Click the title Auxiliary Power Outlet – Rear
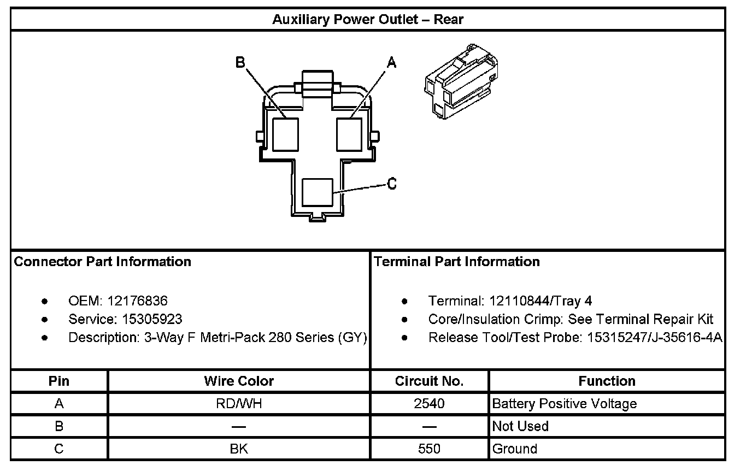click(x=368, y=20)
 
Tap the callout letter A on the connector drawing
click(x=391, y=63)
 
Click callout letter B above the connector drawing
click(x=240, y=62)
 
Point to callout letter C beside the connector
click(x=392, y=184)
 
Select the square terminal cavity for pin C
click(x=318, y=192)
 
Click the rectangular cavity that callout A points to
click(x=349, y=134)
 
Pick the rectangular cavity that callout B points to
click(x=286, y=134)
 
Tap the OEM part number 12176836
click(x=137, y=301)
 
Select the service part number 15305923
click(x=145, y=319)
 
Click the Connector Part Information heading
click(x=103, y=262)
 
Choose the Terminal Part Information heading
click(x=457, y=262)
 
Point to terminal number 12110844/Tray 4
click(x=540, y=301)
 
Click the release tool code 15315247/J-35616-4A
click(x=655, y=338)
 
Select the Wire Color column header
click(x=239, y=381)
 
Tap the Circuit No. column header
click(x=429, y=381)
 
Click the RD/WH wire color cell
click(x=239, y=404)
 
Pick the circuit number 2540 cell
click(x=429, y=404)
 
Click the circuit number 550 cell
click(x=429, y=449)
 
